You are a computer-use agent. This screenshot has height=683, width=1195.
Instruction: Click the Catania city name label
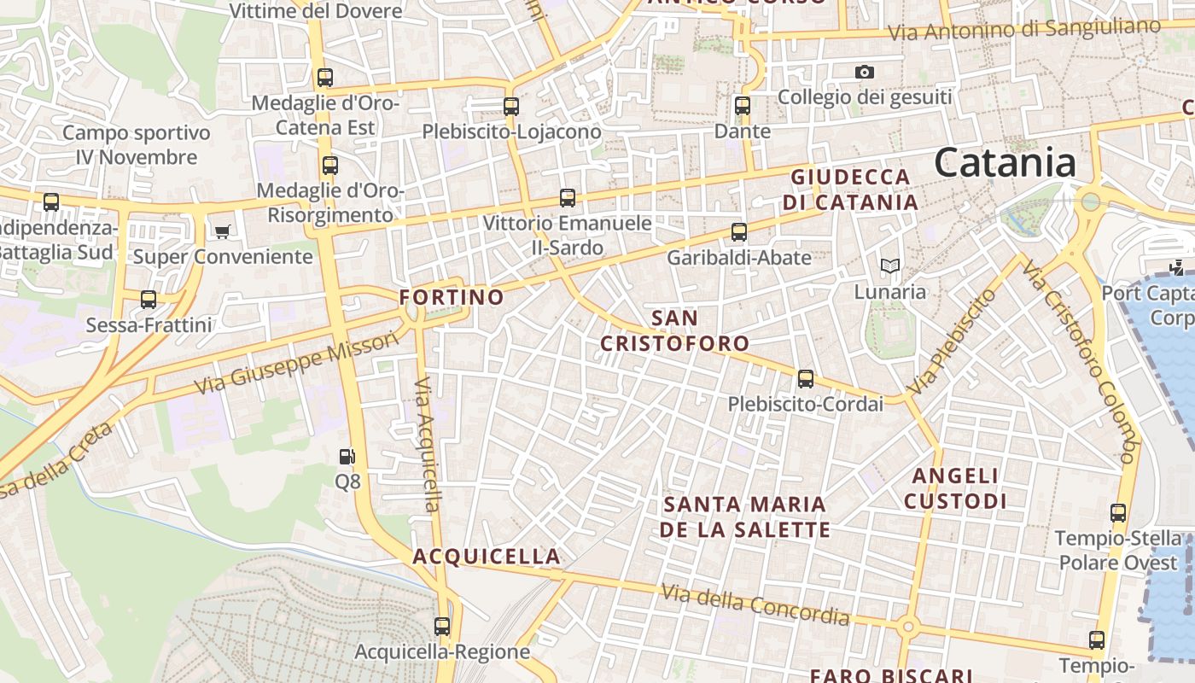click(x=1005, y=162)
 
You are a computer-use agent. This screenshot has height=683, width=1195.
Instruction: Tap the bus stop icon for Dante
click(x=743, y=106)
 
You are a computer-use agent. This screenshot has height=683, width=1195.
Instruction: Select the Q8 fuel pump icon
click(x=347, y=458)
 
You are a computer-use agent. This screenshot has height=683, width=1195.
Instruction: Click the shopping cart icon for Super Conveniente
click(x=223, y=231)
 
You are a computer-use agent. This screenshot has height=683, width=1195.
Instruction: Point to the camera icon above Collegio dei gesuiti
click(x=865, y=73)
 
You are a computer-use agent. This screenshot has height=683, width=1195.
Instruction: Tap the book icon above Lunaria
click(x=890, y=266)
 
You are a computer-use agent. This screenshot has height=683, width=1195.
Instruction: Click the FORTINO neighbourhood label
click(x=452, y=297)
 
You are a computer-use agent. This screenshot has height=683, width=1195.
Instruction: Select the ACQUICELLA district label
click(x=487, y=557)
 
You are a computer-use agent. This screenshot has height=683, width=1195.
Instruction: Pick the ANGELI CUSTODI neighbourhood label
click(x=955, y=488)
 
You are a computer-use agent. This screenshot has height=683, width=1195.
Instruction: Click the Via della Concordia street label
click(x=755, y=604)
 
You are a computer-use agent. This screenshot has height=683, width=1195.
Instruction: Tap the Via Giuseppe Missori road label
click(x=296, y=363)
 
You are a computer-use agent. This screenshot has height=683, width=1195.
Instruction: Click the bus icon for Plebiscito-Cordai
click(x=805, y=379)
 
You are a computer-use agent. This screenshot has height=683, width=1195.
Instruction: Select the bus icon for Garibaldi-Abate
click(x=739, y=231)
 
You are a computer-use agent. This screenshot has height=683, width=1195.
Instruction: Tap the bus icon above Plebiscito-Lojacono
click(x=511, y=107)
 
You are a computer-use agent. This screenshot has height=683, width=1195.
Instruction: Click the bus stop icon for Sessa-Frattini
click(x=149, y=300)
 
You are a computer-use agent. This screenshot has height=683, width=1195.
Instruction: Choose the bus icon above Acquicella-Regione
click(x=442, y=626)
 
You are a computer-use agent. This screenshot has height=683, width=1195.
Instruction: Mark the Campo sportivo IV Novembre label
click(x=137, y=145)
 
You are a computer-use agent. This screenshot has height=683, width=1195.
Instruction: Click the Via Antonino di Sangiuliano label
click(x=1024, y=29)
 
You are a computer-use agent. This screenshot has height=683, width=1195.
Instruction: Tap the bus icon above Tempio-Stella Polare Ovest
click(x=1118, y=513)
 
